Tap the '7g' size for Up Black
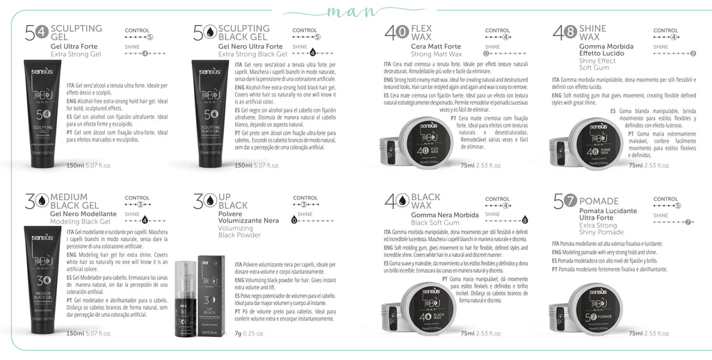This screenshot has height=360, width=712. point(240,334)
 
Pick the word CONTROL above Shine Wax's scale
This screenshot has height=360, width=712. point(665,31)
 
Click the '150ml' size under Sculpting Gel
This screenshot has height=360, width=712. point(74,165)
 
